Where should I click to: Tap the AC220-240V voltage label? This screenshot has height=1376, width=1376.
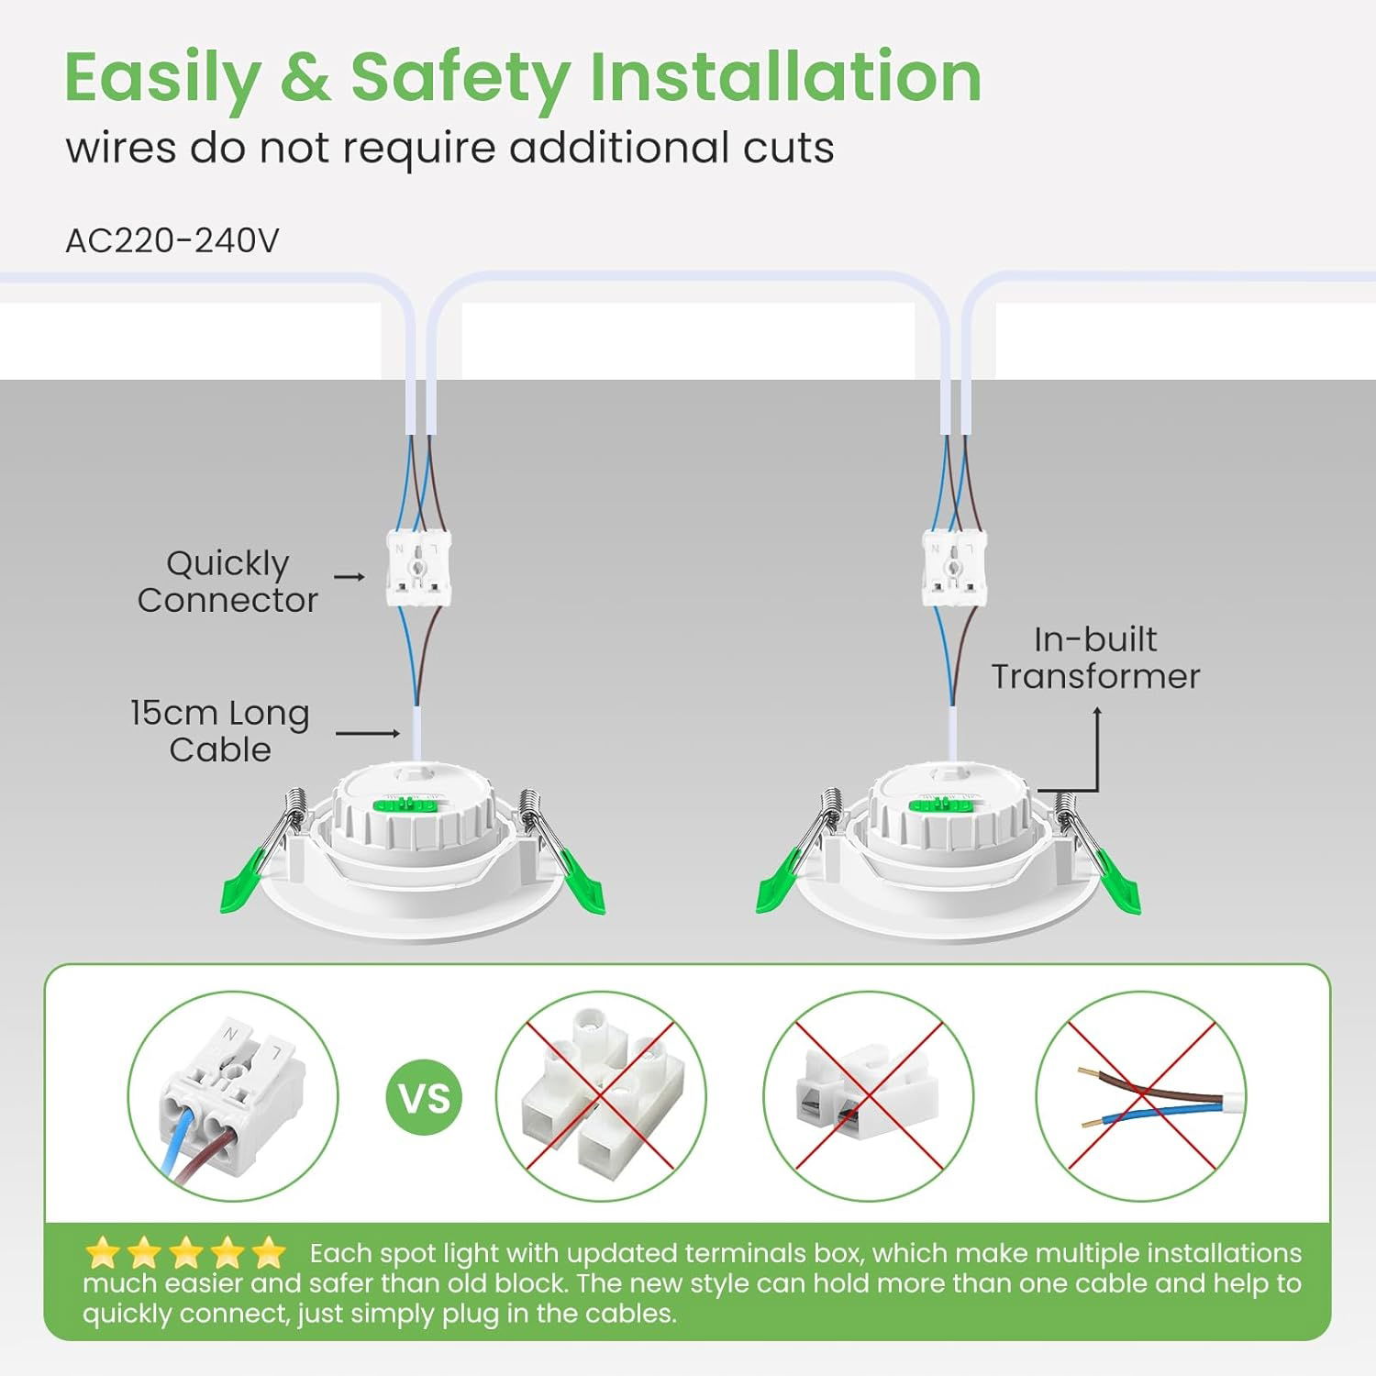point(172,240)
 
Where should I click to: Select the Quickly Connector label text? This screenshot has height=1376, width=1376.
point(227,582)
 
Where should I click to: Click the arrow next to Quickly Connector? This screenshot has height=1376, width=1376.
point(350,577)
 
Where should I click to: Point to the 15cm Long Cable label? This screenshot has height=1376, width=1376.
point(220,731)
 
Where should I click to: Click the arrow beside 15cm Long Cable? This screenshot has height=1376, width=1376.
point(368,733)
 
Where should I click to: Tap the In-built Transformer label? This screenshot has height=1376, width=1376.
point(1095,658)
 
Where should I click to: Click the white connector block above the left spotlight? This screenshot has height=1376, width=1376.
point(419,569)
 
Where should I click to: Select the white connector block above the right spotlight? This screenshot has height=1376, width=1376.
point(955,569)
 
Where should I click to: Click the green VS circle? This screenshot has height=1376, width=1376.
point(425,1097)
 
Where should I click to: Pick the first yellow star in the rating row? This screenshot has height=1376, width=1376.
point(103,1252)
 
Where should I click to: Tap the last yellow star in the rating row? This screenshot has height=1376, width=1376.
point(268,1252)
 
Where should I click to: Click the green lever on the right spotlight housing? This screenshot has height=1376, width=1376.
point(940,805)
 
